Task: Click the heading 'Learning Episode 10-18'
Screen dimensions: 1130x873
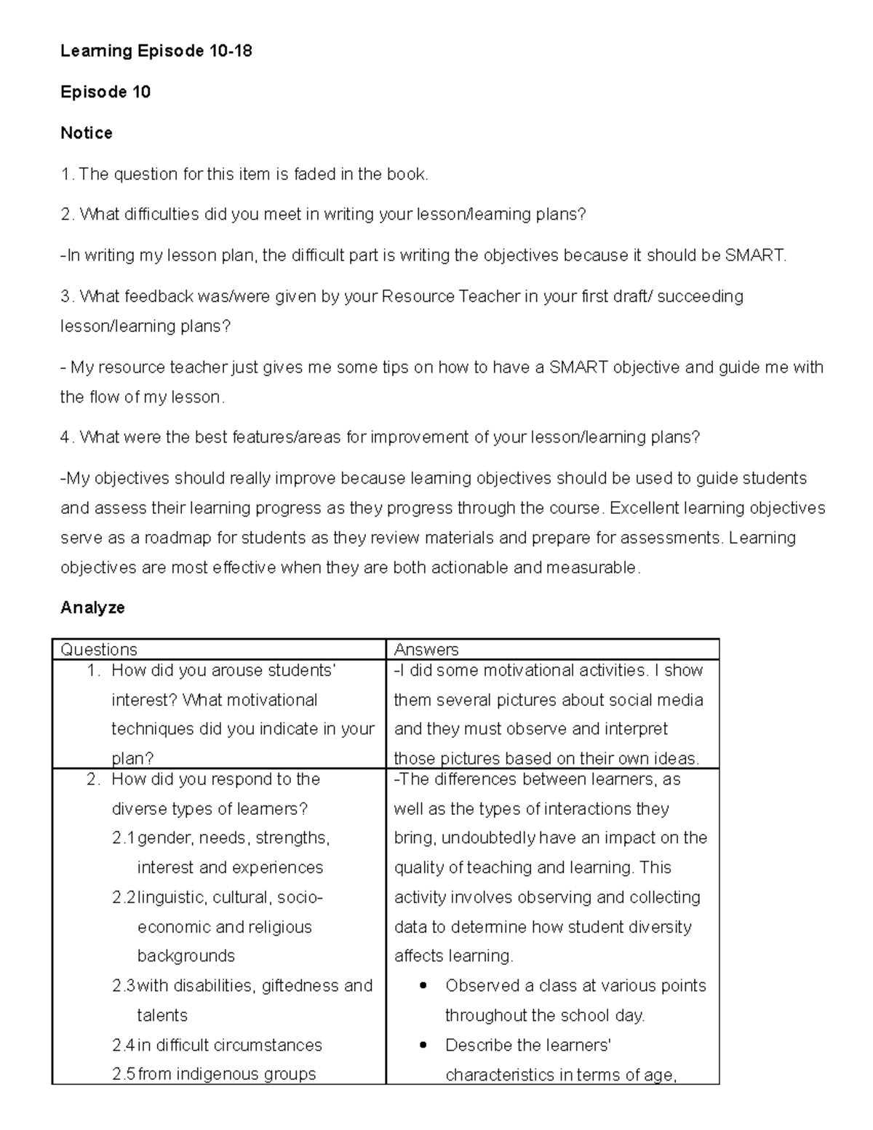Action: pyautogui.click(x=156, y=51)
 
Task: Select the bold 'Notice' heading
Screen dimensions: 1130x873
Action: pyautogui.click(x=86, y=133)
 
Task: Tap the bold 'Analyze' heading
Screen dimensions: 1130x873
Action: pyautogui.click(x=92, y=608)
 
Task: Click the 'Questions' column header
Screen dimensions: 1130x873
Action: pyautogui.click(x=99, y=650)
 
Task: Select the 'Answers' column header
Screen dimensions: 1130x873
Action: pyautogui.click(x=426, y=650)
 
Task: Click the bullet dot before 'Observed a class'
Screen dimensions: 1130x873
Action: pyautogui.click(x=423, y=986)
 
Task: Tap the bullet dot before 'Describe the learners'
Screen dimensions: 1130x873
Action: pyautogui.click(x=423, y=1046)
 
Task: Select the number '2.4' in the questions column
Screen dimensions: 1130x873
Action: pyautogui.click(x=124, y=1046)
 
